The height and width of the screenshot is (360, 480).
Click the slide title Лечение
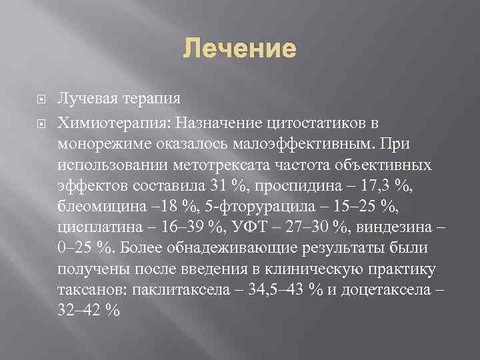click(239, 49)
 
